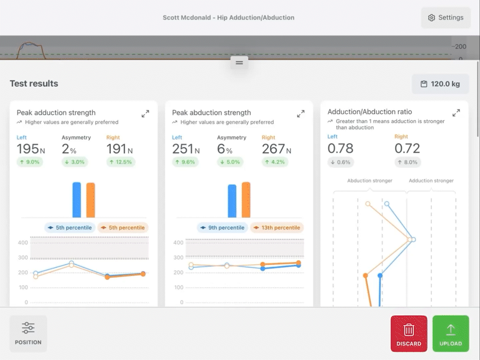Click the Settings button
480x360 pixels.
[x=445, y=18]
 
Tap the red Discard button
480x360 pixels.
[x=409, y=333]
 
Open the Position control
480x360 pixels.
[x=28, y=334]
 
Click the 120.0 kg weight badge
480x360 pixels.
[x=440, y=84]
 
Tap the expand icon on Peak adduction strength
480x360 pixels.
[x=145, y=114]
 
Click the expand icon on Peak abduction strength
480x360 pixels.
[x=301, y=114]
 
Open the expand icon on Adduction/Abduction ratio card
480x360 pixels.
[x=456, y=113]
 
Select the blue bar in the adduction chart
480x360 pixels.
[x=77, y=200]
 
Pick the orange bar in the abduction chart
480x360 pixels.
[x=246, y=200]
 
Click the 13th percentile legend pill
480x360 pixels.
[x=277, y=228]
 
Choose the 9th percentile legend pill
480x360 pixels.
[x=223, y=228]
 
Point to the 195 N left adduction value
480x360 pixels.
[x=31, y=149]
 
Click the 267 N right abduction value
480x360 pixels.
[x=277, y=149]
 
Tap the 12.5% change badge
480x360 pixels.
[x=121, y=162]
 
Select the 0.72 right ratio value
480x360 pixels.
[x=407, y=148]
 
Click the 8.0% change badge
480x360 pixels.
[x=408, y=162]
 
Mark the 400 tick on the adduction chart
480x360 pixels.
[x=23, y=243]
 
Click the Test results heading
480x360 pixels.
[x=34, y=84]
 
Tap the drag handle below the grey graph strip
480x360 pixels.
[x=239, y=63]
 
